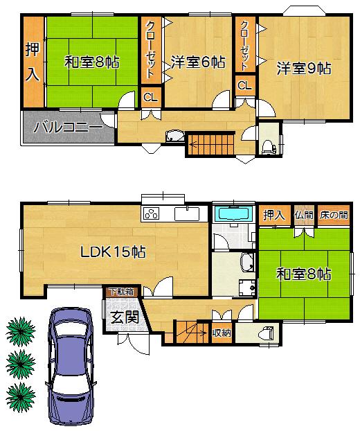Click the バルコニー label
(x=68, y=128)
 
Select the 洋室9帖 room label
(x=303, y=68)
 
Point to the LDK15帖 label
(x=113, y=252)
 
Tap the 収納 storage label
(x=221, y=333)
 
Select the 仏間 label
(x=303, y=215)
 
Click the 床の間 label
(x=334, y=215)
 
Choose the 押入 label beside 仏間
(x=273, y=215)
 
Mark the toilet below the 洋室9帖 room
(x=269, y=144)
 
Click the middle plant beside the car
(x=21, y=361)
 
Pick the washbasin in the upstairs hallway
(x=174, y=136)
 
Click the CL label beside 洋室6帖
(x=150, y=97)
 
